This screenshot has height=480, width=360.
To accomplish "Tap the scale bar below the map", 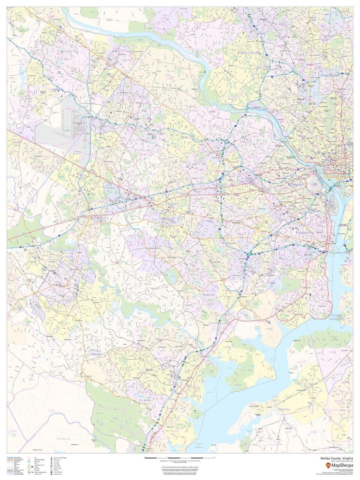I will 180,457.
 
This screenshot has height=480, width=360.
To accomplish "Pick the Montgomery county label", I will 248,53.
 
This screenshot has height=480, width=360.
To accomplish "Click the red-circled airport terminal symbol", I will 79,122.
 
